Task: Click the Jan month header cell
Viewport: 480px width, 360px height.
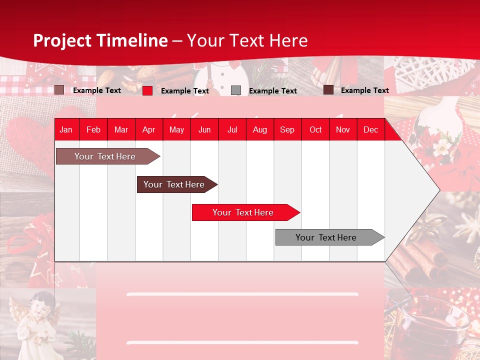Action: pyautogui.click(x=66, y=129)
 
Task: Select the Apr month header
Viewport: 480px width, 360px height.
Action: pyautogui.click(x=148, y=129)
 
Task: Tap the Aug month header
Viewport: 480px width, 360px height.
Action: pyautogui.click(x=259, y=129)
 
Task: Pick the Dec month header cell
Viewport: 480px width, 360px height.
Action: pyautogui.click(x=370, y=129)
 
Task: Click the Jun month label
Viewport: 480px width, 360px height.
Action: pyautogui.click(x=204, y=129)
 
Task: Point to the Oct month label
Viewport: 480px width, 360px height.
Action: pyautogui.click(x=315, y=129)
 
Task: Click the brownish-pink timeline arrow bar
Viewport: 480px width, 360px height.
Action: pyautogui.click(x=105, y=156)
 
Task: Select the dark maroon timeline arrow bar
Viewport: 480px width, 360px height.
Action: pyautogui.click(x=174, y=184)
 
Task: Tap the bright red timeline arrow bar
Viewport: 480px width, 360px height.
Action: pyautogui.click(x=243, y=212)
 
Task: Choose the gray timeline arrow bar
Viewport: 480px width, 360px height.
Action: pyautogui.click(x=326, y=237)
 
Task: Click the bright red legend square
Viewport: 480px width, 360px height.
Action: pyautogui.click(x=147, y=90)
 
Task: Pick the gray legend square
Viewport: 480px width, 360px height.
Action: pyautogui.click(x=236, y=90)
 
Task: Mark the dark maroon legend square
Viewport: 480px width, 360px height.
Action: pyautogui.click(x=328, y=90)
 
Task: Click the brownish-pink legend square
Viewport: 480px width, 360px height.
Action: pyautogui.click(x=59, y=90)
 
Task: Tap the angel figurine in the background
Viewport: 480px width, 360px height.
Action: pyautogui.click(x=35, y=320)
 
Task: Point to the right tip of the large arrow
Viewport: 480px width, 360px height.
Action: pyautogui.click(x=439, y=190)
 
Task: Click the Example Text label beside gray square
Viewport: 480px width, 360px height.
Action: pyautogui.click(x=272, y=90)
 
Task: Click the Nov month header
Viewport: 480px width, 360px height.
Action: pyautogui.click(x=342, y=129)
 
